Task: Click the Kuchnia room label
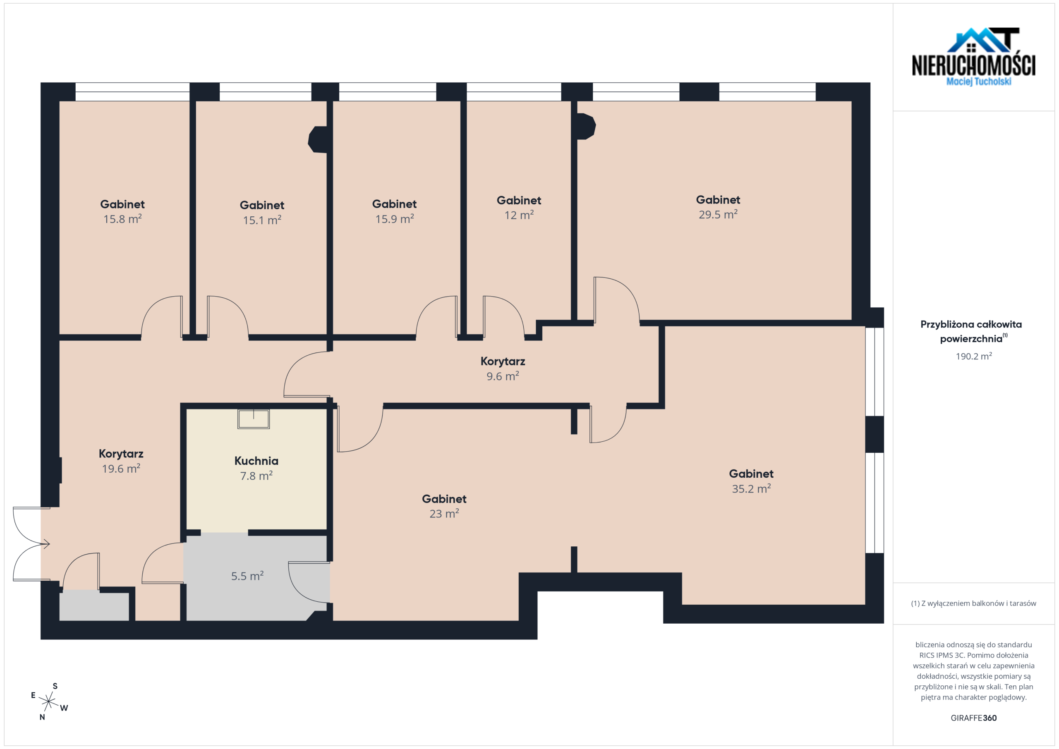click(x=256, y=461)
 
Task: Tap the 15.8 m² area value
click(x=122, y=219)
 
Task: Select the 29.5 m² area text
click(x=718, y=215)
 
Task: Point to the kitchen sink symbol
click(x=254, y=419)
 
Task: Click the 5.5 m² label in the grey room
click(x=247, y=576)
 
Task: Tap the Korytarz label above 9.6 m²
click(x=503, y=361)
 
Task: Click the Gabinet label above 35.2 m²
click(x=751, y=474)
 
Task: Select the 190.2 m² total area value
click(x=974, y=356)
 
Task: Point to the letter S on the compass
click(x=55, y=686)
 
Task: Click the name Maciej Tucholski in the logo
click(x=979, y=81)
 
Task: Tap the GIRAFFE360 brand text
click(x=974, y=718)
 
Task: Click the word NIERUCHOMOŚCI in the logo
click(x=974, y=65)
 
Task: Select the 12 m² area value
click(x=519, y=215)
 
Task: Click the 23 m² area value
click(x=444, y=513)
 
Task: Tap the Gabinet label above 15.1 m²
click(x=262, y=205)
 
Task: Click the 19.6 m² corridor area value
click(x=121, y=469)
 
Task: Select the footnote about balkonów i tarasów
click(x=973, y=603)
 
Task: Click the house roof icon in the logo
click(x=983, y=40)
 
